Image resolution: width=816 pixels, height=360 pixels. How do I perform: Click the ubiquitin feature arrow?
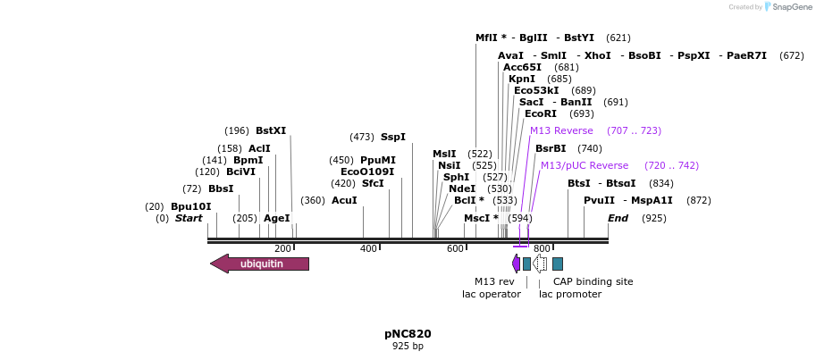tap(260, 264)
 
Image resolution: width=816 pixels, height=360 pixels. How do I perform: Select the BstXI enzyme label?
tap(271, 130)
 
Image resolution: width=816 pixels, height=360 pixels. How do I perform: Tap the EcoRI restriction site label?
tap(540, 113)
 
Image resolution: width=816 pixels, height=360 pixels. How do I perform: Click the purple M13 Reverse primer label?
tap(561, 130)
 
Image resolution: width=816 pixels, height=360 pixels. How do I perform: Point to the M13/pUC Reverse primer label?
tap(584, 165)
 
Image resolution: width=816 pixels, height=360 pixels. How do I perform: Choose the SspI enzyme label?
tap(392, 137)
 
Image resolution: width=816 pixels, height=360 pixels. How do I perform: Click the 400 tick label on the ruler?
tap(368, 248)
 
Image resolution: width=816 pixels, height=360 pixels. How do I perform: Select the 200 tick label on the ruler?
tap(282, 248)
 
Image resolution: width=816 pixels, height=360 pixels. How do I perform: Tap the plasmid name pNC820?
tap(408, 334)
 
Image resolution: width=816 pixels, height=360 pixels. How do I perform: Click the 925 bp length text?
tap(408, 347)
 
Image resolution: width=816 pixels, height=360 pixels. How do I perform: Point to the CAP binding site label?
tap(593, 281)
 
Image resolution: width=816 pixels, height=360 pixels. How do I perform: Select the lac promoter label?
tap(569, 294)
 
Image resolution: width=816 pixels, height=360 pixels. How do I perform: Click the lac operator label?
tap(491, 294)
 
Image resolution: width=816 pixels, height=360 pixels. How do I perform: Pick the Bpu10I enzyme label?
tap(190, 206)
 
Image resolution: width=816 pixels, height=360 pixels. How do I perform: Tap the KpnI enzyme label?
tap(521, 79)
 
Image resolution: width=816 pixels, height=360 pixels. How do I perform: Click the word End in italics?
tap(618, 218)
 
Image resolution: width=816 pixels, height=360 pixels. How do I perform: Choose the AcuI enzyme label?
tap(344, 200)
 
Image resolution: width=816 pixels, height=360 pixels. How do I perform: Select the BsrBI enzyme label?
tap(551, 148)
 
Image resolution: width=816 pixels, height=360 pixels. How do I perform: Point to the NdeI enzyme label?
tap(462, 188)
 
